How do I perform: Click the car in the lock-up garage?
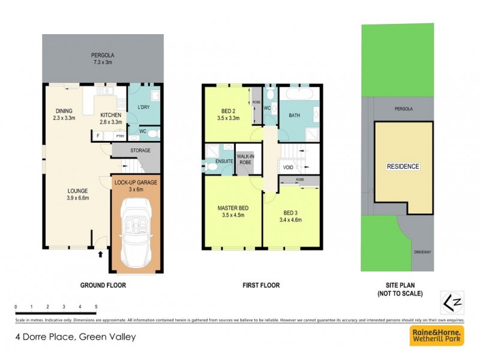tap(136, 231)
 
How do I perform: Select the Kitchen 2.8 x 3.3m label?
tap(111, 118)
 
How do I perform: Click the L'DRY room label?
tap(143, 107)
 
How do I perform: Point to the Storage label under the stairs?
tap(140, 150)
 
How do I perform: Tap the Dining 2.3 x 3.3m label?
tap(64, 115)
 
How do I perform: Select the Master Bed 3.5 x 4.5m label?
tap(233, 212)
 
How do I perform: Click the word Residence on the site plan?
tap(403, 166)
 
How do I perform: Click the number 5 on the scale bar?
tap(96, 307)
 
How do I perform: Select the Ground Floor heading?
tap(103, 286)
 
